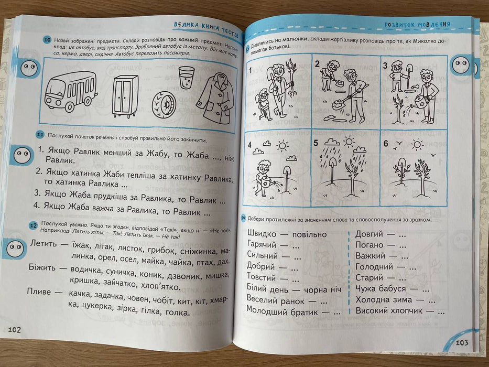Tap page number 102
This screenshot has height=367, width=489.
click(14, 330)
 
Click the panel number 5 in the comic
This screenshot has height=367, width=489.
click(316, 143)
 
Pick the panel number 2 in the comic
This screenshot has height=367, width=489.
click(317, 64)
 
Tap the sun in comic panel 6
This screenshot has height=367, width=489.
click(417, 144)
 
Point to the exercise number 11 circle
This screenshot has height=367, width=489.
click(39, 134)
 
